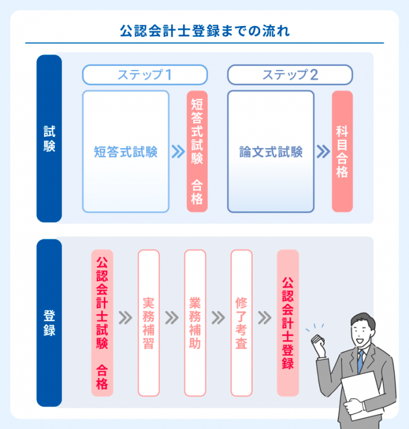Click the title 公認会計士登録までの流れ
pyautogui.click(x=204, y=30)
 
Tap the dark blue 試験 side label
pyautogui.click(x=49, y=139)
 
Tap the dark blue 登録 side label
pyautogui.click(x=49, y=322)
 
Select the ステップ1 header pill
pyautogui.click(x=145, y=75)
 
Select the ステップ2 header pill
pyautogui.click(x=290, y=75)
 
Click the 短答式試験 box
pyautogui.click(x=126, y=152)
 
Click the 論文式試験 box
pyautogui.click(x=271, y=152)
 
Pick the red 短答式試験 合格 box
pyautogui.click(x=197, y=152)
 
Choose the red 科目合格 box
pyautogui.click(x=342, y=152)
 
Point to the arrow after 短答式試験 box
pyautogui.click(x=177, y=152)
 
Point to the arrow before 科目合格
pyautogui.click(x=322, y=152)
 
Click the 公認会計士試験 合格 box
pyautogui.click(x=102, y=323)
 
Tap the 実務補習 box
pyautogui.click(x=149, y=323)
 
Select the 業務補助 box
pyautogui.click(x=195, y=323)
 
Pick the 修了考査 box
pyautogui.click(x=241, y=323)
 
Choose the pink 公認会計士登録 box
pyautogui.click(x=288, y=323)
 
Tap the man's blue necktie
pyautogui.click(x=360, y=361)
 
